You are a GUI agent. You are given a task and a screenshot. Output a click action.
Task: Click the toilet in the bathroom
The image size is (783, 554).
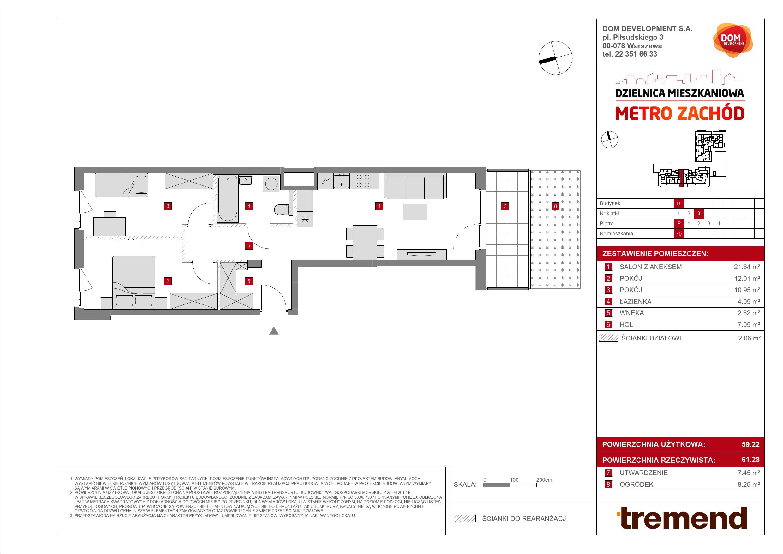pyautogui.click(x=282, y=209)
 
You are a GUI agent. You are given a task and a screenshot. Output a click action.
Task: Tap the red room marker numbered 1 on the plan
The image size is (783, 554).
pyautogui.click(x=379, y=206)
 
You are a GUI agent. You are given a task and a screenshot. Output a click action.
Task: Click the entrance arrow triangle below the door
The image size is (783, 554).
pyautogui.click(x=274, y=331)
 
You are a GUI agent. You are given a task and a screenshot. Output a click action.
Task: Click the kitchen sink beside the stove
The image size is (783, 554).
pyautogui.click(x=341, y=180)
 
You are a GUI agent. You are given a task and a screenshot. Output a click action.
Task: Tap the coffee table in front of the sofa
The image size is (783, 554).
pyautogui.click(x=415, y=212)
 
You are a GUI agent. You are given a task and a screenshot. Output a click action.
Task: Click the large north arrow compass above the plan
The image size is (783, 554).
pyautogui.click(x=555, y=58)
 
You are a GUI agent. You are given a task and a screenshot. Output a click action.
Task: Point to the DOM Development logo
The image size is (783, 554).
pyautogui.click(x=732, y=40)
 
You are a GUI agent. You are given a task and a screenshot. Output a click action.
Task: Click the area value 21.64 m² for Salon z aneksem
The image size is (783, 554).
pyautogui.click(x=747, y=267)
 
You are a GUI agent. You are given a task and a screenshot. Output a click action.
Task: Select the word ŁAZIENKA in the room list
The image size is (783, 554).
pyautogui.click(x=635, y=302)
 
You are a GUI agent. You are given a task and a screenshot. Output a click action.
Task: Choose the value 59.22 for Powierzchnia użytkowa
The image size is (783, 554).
pyautogui.click(x=750, y=444)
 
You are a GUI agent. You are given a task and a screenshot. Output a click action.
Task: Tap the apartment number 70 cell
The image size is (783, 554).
pyautogui.click(x=678, y=234)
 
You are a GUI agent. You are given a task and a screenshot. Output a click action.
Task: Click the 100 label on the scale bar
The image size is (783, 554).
pyautogui.click(x=514, y=480)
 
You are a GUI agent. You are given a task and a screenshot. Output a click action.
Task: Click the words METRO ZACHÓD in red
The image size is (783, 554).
pyautogui.click(x=680, y=113)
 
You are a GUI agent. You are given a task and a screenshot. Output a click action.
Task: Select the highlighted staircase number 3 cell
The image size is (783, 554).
pyautogui.click(x=698, y=213)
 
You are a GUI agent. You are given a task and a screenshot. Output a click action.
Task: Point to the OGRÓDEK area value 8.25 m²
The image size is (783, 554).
pyautogui.click(x=749, y=485)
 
